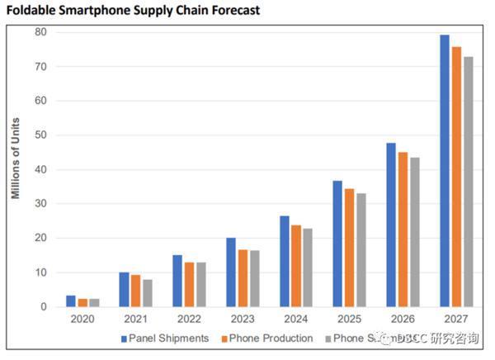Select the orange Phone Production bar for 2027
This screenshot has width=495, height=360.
tap(455, 177)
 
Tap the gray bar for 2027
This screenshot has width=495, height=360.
tap(467, 182)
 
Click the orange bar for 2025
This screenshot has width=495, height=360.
tap(350, 248)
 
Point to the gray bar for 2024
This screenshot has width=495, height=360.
tap(308, 268)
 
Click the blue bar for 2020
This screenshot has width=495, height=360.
tap(71, 301)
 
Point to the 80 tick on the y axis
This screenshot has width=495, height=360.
tap(40, 31)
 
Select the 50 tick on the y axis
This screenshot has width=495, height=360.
tap(40, 135)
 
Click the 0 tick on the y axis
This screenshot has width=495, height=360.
tap(43, 307)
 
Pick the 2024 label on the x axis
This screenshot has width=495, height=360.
tap(295, 319)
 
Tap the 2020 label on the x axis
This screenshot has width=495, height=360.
tap(82, 319)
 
